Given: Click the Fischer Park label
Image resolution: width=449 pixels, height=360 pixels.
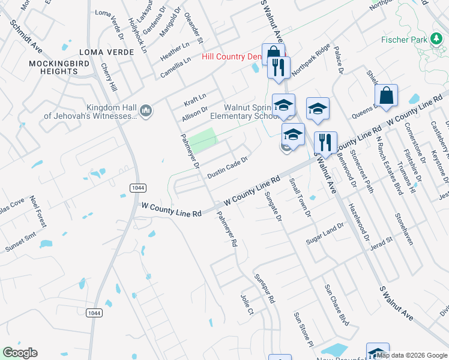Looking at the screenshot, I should click(x=403, y=40).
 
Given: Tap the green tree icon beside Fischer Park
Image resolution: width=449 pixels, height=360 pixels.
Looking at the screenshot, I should click(x=436, y=40).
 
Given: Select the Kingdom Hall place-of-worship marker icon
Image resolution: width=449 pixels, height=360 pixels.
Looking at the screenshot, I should click(x=145, y=110).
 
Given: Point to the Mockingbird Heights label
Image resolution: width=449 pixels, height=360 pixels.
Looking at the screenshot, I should click(x=54, y=67).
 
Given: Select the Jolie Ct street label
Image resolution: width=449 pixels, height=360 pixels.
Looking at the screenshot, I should click(x=248, y=304).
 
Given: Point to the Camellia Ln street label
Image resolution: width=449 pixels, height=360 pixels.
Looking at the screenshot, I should click(x=175, y=68).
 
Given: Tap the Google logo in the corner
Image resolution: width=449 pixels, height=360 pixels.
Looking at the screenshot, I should click(x=20, y=353).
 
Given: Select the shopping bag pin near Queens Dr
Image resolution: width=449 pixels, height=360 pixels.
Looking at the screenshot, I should click(x=386, y=95).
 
